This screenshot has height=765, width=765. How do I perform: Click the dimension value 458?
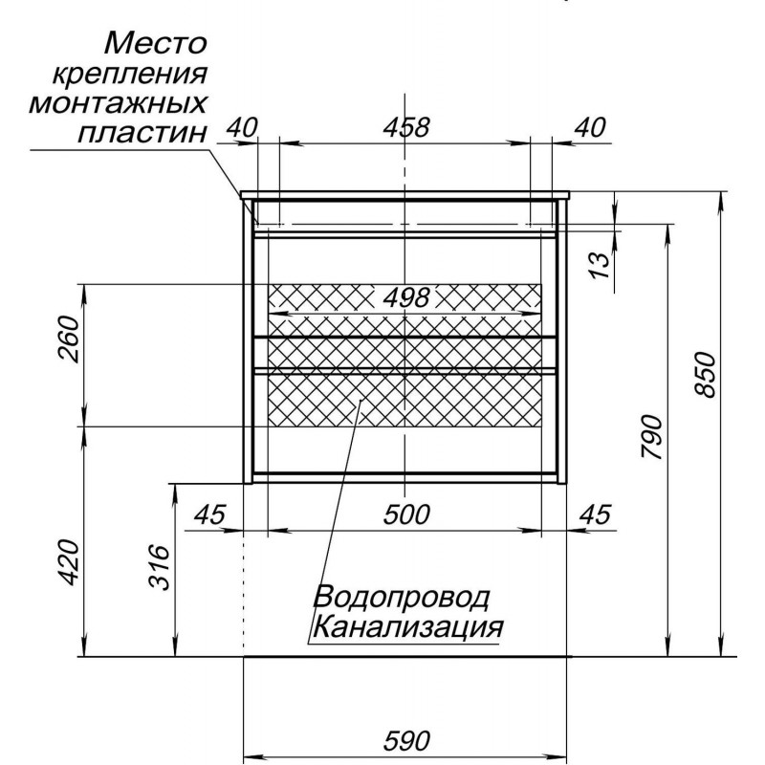pos(405,128)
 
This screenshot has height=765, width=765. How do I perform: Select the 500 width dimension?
pos(406,514)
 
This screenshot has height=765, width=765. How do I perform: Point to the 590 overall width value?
pos(406,740)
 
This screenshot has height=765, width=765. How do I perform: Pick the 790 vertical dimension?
pos(652,437)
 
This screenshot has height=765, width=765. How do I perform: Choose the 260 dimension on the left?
pos(68,339)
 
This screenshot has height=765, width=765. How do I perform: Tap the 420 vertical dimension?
pos(68,561)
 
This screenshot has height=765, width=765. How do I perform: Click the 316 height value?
pos(159,567)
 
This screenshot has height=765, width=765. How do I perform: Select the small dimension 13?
pos(601,265)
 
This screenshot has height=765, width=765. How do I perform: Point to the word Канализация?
pos(408,626)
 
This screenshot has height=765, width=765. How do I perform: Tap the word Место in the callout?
pos(156,43)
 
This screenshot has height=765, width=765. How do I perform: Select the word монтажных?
pos(118,103)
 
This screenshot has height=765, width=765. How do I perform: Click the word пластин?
pos(142,133)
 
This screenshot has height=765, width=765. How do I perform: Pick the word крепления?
pos(129,75)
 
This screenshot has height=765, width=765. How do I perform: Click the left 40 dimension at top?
pos(242,128)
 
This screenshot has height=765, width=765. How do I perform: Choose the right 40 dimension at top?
pos(590,128)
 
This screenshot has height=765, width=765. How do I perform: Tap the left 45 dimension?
pos(210,514)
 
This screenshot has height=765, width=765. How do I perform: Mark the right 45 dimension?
pos(595,514)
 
